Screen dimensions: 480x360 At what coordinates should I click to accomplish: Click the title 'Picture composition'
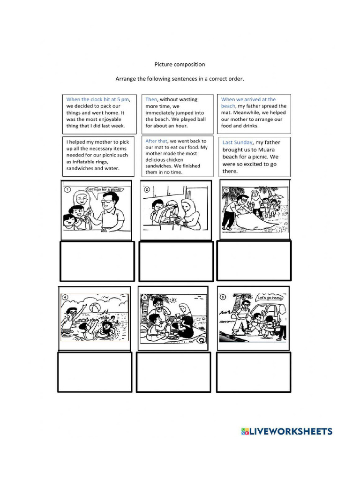(180, 64)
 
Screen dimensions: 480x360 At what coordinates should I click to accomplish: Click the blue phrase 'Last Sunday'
(237, 142)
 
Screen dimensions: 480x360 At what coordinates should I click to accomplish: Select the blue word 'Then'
(151, 99)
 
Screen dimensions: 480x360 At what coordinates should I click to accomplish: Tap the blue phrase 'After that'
(157, 141)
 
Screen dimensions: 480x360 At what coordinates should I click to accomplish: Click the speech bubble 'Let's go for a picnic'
(104, 189)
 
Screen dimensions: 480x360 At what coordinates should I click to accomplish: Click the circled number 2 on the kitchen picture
(147, 190)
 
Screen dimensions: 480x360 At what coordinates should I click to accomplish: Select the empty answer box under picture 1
(97, 261)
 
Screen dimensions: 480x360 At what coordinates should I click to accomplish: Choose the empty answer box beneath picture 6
(253, 372)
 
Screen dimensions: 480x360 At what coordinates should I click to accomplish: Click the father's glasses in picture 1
(107, 201)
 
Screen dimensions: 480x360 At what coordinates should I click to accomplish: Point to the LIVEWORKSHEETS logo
(286, 432)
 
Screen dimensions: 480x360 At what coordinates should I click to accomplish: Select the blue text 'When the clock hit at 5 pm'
(97, 99)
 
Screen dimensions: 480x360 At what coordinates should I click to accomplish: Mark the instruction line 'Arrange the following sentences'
(180, 79)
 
